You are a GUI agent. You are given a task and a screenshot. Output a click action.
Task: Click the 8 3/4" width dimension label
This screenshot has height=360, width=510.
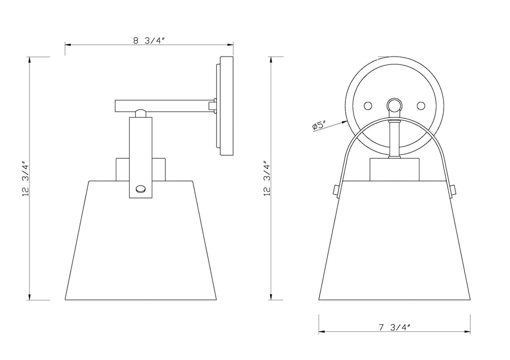(148, 41)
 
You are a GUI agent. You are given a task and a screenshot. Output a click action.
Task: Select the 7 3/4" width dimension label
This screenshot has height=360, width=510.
(394, 327)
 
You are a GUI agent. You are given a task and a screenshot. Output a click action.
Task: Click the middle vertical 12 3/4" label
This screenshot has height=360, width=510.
(266, 178)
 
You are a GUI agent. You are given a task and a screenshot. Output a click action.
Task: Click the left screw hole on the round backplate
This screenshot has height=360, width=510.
(367, 106)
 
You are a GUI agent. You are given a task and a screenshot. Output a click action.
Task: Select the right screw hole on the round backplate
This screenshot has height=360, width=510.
(421, 106)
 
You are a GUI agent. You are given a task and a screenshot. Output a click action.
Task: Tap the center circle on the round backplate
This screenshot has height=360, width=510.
(394, 105)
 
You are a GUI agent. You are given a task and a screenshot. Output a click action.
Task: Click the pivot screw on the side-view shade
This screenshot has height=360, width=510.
(140, 189)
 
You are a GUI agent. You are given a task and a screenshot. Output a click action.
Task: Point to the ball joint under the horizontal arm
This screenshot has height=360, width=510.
(140, 112)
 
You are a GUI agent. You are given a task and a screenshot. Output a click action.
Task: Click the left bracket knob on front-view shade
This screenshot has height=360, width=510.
(336, 190)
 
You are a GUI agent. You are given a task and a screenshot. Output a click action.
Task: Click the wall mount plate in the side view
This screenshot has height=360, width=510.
(225, 106)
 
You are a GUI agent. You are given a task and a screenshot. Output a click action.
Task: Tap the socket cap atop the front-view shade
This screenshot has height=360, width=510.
(394, 170)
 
